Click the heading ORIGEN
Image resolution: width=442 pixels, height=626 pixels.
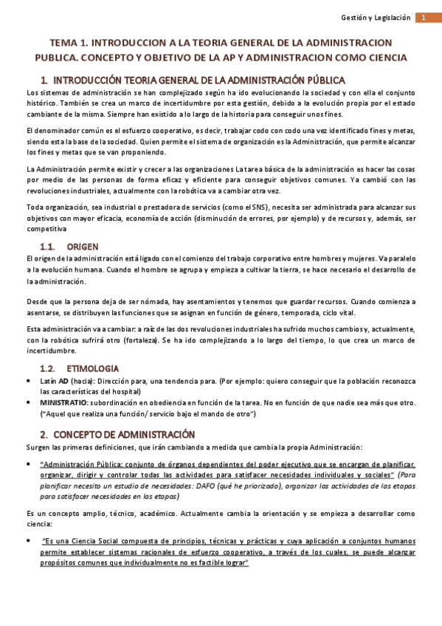tap(82, 246)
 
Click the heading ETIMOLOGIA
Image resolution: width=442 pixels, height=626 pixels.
tap(92, 368)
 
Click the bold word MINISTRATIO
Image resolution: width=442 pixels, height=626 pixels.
tap(64, 402)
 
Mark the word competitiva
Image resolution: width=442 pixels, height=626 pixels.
tap(46, 230)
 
